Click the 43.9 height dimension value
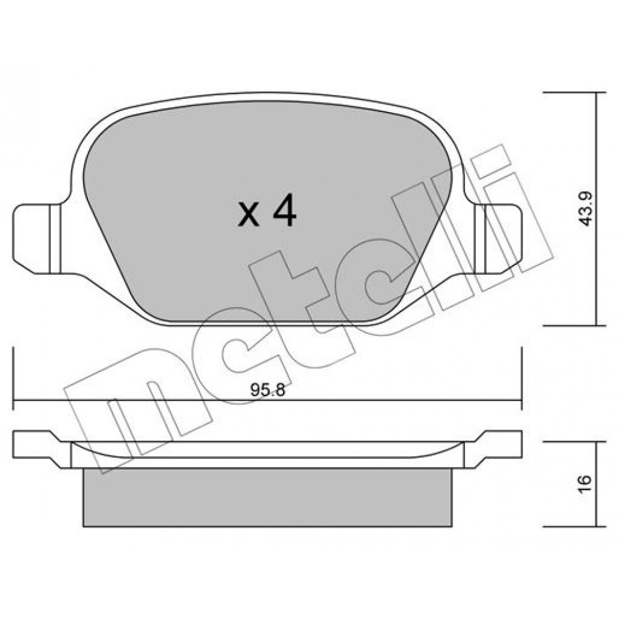tap(586, 209)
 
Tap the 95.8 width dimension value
tap(267, 391)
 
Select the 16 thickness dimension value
tap(586, 483)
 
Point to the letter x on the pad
tap(248, 215)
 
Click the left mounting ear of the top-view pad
tap(37, 239)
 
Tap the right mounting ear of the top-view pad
tap(498, 239)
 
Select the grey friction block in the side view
tap(267, 498)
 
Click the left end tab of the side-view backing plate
tap(41, 449)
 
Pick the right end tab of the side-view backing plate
tap(493, 449)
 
